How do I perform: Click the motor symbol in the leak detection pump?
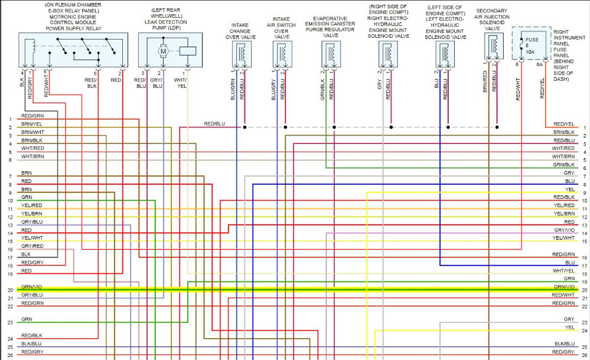[163, 51]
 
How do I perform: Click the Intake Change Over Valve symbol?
[242, 54]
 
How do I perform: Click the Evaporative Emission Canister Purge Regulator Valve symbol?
[329, 54]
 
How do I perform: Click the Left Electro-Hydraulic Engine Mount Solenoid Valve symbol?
[443, 54]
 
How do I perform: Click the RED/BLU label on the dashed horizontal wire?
[214, 124]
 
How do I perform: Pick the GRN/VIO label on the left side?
[32, 286]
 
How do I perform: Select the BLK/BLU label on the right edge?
[564, 343]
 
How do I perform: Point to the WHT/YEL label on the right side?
[564, 270]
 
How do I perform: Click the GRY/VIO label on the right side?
[564, 230]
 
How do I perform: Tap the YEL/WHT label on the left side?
[32, 237]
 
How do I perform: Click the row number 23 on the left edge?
[10, 323]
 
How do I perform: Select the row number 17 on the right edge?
[584, 266]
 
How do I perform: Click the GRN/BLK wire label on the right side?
[564, 164]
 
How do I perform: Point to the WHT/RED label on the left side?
[33, 148]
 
